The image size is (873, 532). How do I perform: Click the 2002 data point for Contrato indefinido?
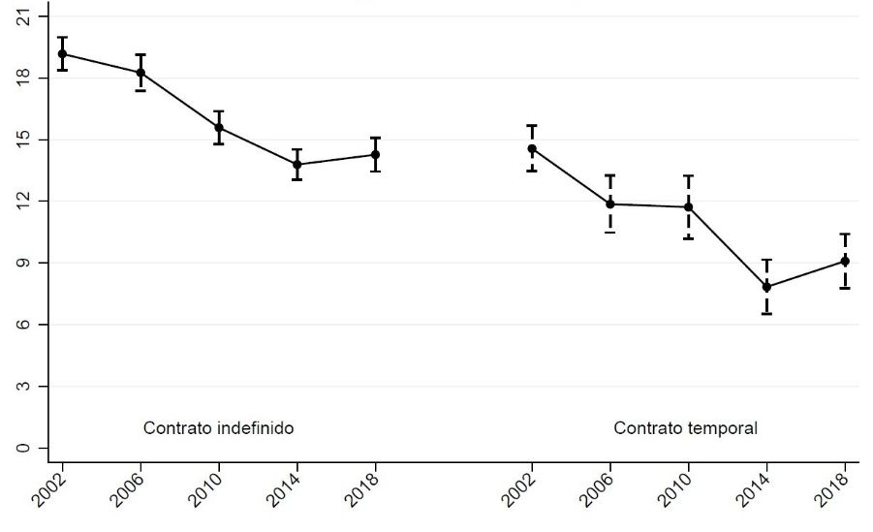pos(63,54)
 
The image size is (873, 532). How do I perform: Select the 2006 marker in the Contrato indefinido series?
pos(140,73)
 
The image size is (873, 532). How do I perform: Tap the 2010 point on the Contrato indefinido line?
pos(219,128)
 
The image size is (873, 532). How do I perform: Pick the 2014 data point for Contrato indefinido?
pos(296,165)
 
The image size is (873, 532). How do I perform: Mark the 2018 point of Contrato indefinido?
pos(375,155)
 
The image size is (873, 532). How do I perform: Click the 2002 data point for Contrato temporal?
pos(532,149)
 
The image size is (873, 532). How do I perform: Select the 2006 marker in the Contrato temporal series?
pos(610,204)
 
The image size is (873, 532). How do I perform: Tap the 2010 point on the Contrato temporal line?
pos(689,207)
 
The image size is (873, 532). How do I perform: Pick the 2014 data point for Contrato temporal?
pos(767,287)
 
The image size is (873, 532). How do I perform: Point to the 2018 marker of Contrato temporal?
pos(846,262)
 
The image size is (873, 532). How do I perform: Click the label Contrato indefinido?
pos(218,427)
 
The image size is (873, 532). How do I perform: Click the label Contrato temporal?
pos(685,427)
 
